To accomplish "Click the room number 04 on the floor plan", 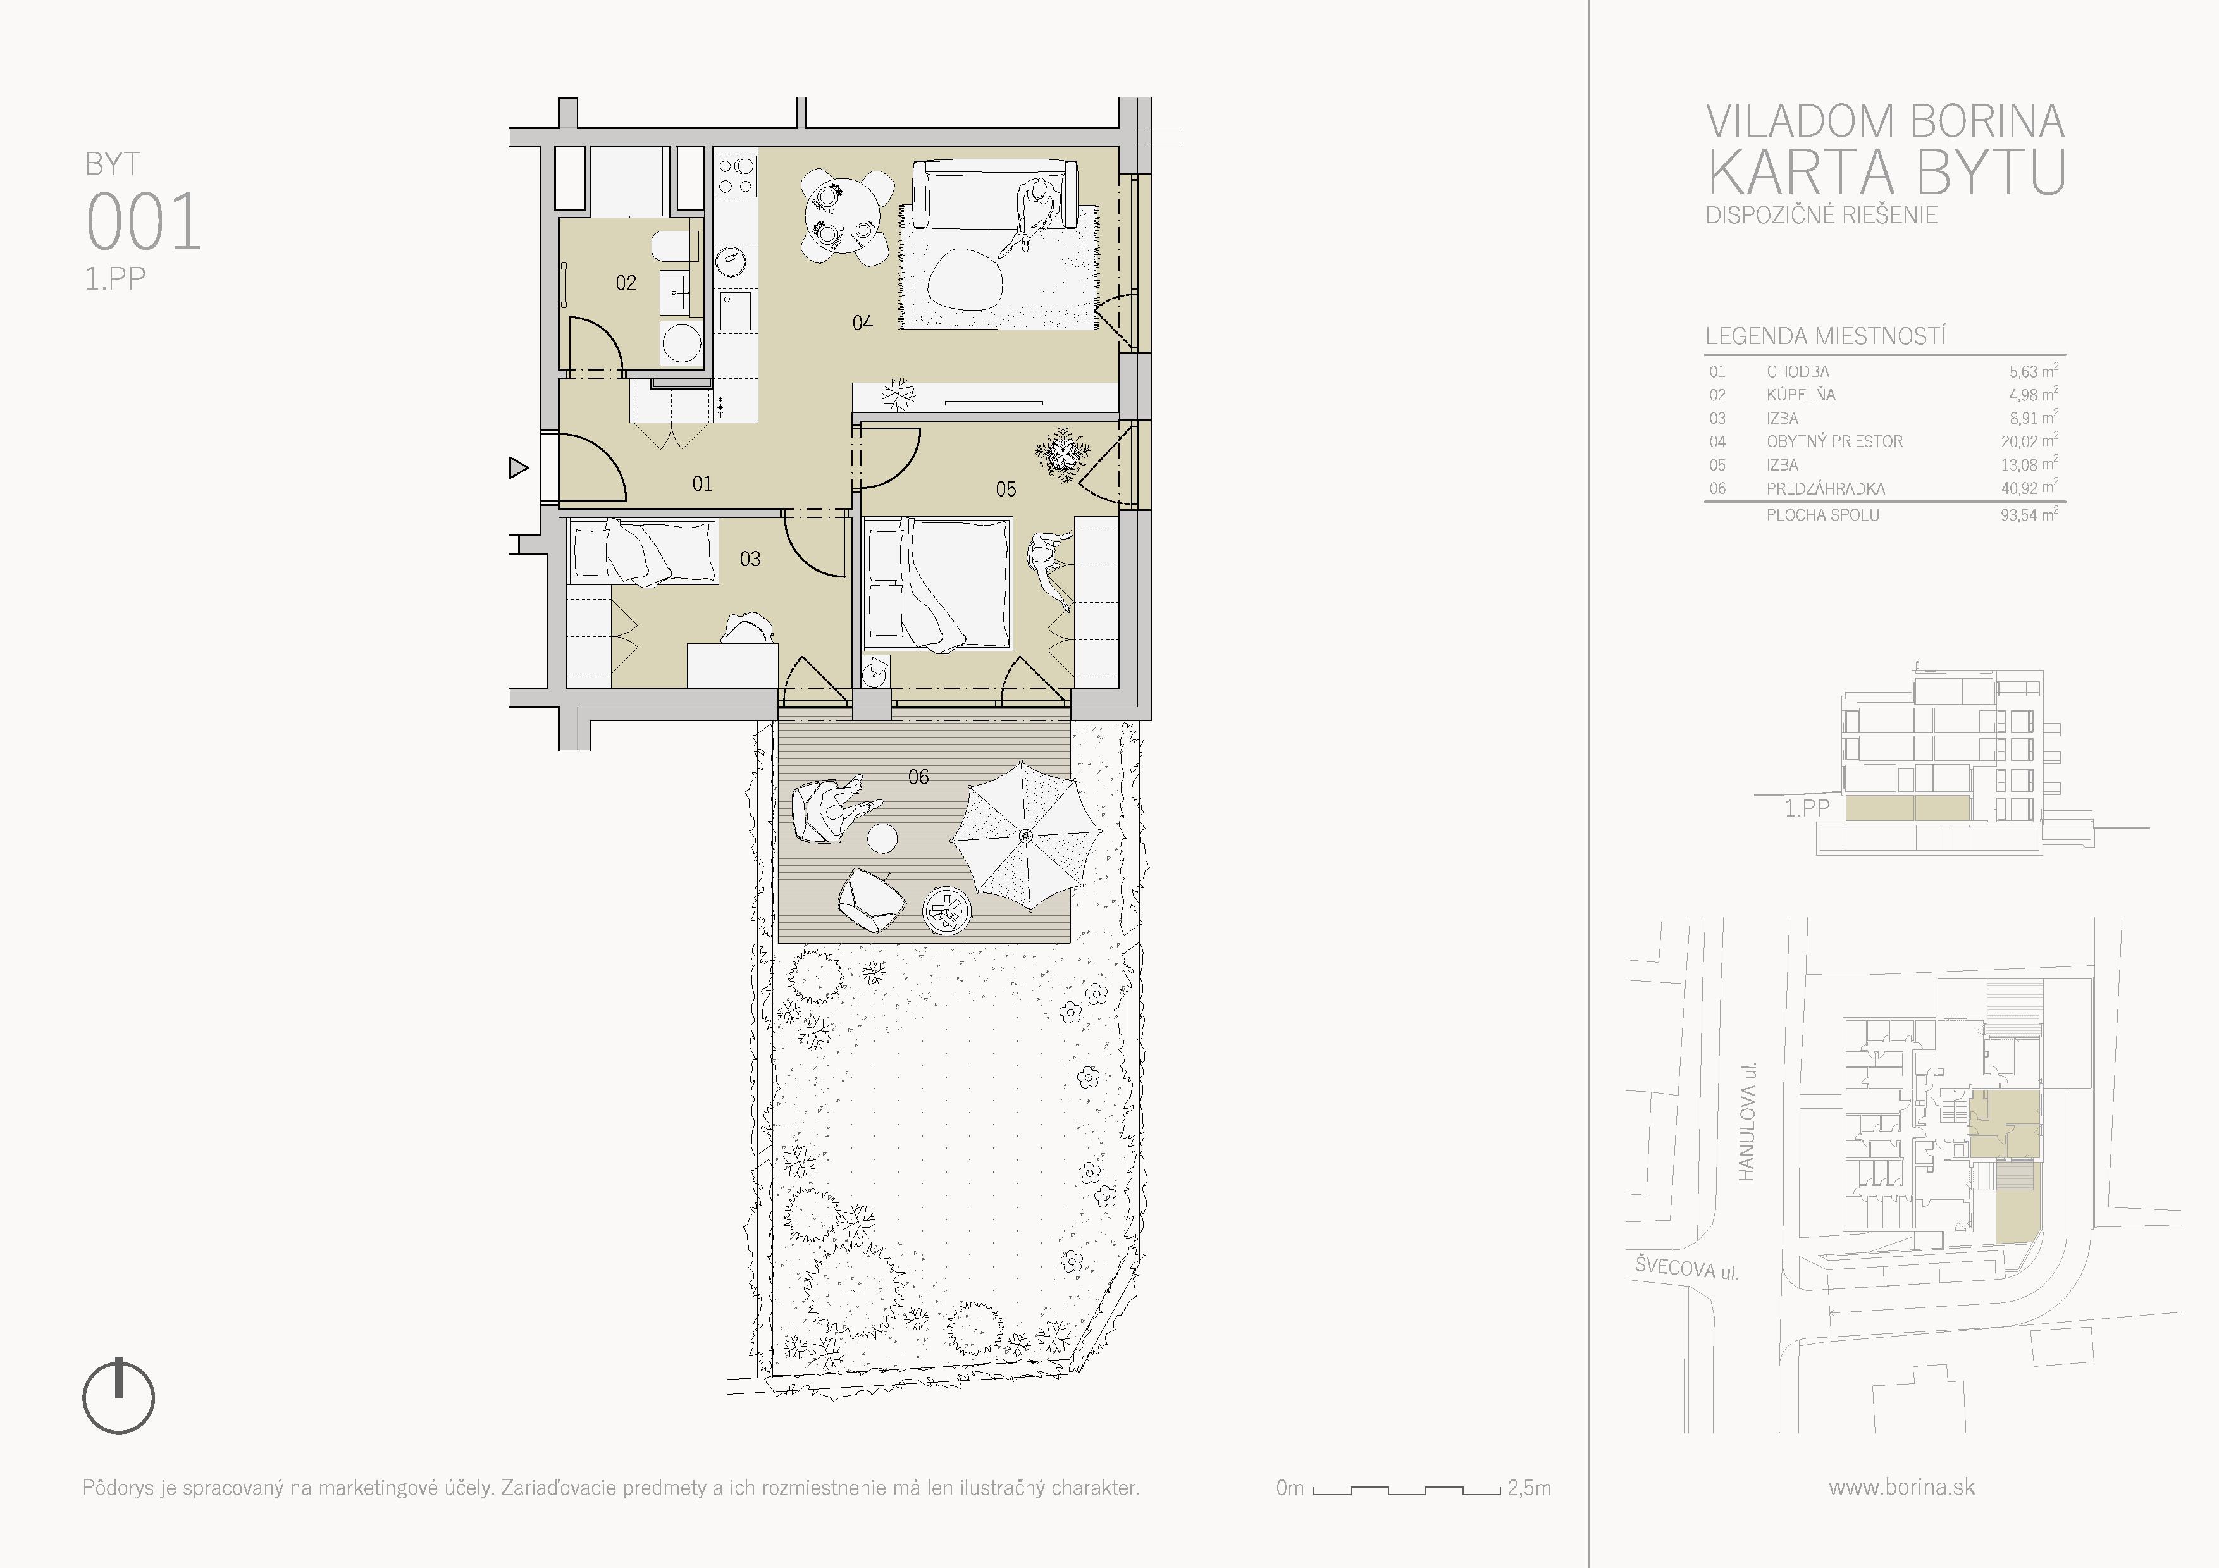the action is point(862,323).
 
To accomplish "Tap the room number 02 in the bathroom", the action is point(626,283).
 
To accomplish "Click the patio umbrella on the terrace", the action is point(1027,836).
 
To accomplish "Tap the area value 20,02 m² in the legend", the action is point(2029,441).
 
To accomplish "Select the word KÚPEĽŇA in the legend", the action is point(1800,394).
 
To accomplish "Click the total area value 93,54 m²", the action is point(2029,514).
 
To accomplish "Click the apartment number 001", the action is point(144,221).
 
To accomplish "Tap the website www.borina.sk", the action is point(1901,1487).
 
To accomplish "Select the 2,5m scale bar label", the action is point(1529,1488).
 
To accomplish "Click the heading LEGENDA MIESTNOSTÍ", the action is point(1826,336).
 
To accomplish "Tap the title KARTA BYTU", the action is point(1886,172).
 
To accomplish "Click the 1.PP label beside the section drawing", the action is point(1807,808).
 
